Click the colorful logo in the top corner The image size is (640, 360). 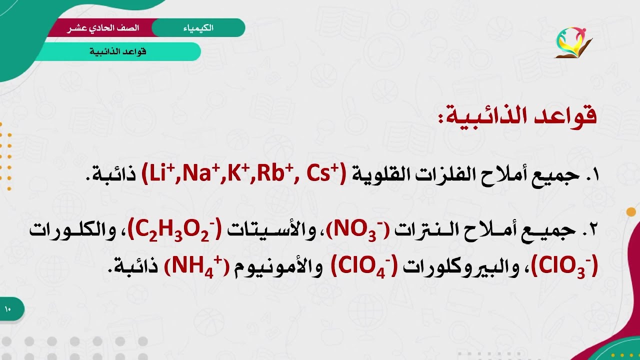click(x=573, y=42)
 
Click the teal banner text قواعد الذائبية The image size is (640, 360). click(x=118, y=51)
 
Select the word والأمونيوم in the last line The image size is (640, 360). click(x=272, y=266)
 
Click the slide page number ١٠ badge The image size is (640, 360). click(x=8, y=309)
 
